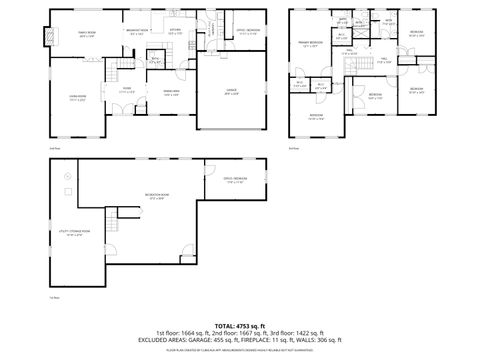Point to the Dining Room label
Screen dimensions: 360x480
pos(170,92)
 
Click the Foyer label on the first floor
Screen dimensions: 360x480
pos(128,90)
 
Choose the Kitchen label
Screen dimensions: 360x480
pos(174,30)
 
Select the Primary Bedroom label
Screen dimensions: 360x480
pos(309,44)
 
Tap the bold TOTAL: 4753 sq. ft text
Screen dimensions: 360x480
pos(239,325)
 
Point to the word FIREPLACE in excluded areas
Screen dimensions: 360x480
pos(254,339)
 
